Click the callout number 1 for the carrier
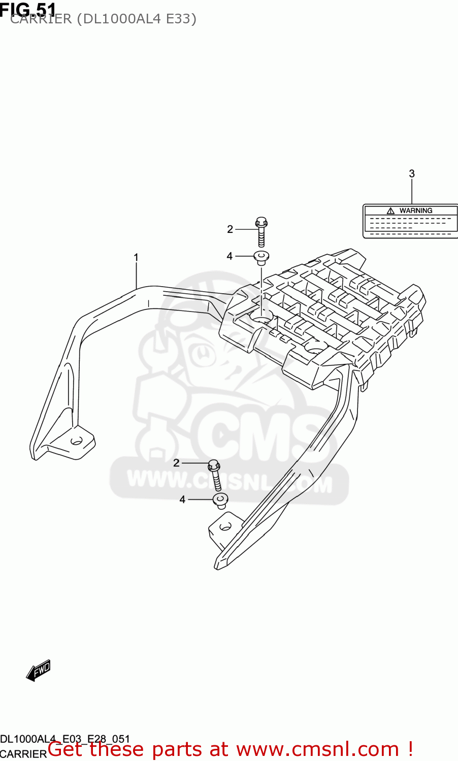coord(136,258)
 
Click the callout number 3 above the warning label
coord(412,174)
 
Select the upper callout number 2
coord(230,229)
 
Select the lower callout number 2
coord(176,463)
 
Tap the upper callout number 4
coord(230,256)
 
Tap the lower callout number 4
coord(182,500)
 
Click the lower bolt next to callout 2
coord(215,474)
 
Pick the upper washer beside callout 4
coord(261,257)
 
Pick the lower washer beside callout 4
coord(220,500)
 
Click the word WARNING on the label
coord(416,211)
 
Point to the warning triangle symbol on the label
coord(390,211)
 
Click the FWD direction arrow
coord(39,670)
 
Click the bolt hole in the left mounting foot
coord(77,440)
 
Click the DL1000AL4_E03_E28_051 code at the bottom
coord(65,739)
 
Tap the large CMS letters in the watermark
coord(259,436)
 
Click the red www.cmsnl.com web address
coord(318,749)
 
